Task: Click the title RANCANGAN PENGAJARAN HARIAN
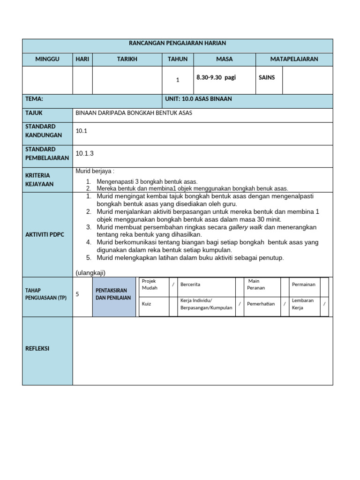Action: point(177,43)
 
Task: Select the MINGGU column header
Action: point(47,59)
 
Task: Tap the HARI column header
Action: point(82,59)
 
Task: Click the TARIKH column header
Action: point(127,59)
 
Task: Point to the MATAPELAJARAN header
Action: point(294,59)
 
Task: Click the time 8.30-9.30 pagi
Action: point(216,77)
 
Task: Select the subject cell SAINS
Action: point(267,77)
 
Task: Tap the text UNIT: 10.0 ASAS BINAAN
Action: point(198,99)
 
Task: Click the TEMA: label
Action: point(34,99)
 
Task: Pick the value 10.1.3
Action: point(85,153)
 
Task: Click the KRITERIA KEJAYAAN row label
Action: point(40,180)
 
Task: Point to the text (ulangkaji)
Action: point(90,273)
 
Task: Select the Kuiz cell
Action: point(147,304)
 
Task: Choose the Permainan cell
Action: point(303,285)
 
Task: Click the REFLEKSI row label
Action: point(37,349)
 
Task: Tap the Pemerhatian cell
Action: point(261,304)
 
